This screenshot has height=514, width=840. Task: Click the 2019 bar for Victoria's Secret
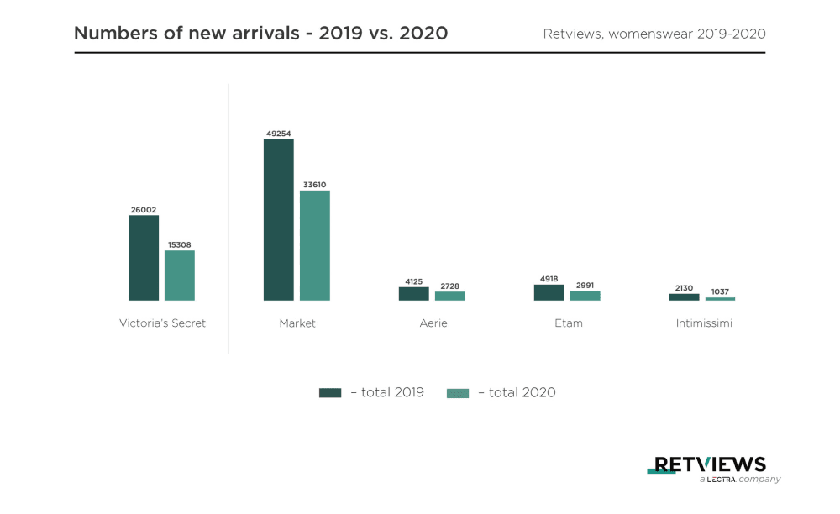pos(144,258)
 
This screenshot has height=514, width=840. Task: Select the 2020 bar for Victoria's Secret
pos(180,275)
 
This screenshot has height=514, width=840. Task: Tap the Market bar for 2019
pos(279,219)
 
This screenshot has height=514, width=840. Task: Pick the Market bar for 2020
pos(315,245)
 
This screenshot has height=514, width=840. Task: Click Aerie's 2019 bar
pos(413,294)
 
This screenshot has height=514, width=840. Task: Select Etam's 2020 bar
pos(585,296)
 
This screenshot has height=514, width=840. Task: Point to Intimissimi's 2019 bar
pos(684,296)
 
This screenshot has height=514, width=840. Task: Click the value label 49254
pos(279,133)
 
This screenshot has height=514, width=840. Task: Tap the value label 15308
pos(180,244)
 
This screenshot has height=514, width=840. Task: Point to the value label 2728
pos(449,286)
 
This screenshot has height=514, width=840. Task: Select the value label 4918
pos(549,278)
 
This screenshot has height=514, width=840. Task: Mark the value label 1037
pos(720,291)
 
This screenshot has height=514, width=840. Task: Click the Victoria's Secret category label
pos(162,323)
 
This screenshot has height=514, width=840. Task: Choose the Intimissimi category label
pos(704,323)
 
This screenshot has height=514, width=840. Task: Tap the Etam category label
pos(569,323)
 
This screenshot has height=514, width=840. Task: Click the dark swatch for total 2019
pos(330,392)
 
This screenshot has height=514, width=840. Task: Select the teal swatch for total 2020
pos(458,392)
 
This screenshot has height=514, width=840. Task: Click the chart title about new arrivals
pos(260,34)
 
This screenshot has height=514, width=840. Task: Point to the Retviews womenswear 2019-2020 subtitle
pos(654,34)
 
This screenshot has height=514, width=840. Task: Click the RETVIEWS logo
pos(710,465)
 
